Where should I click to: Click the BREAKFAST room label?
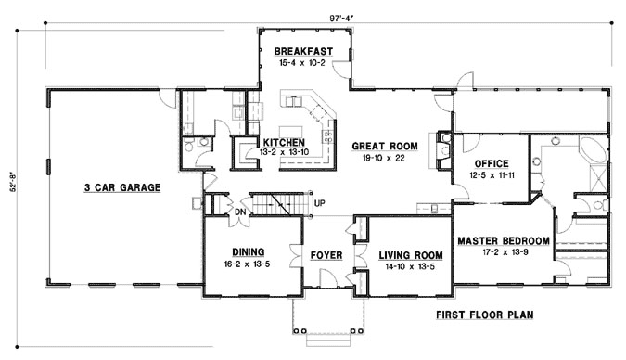303,52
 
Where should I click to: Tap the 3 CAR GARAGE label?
122,187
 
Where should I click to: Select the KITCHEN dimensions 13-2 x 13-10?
284,152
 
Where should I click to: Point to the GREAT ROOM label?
385,147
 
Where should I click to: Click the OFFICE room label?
492,164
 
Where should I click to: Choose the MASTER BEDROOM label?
504,241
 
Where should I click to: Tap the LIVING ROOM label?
411,255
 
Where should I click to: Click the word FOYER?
326,255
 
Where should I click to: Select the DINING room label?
249,251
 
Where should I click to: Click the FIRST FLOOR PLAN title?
484,315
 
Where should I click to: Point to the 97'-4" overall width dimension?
341,18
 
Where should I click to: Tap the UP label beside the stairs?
319,203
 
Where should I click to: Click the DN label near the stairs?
240,212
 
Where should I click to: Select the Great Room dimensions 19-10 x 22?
384,158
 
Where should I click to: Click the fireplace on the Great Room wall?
442,150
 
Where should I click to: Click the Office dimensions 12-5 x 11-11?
492,175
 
